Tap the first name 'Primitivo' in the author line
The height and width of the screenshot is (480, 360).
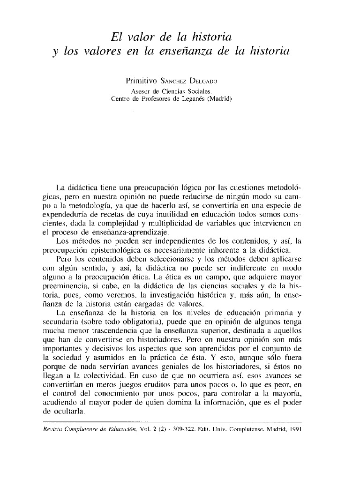click(138, 81)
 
